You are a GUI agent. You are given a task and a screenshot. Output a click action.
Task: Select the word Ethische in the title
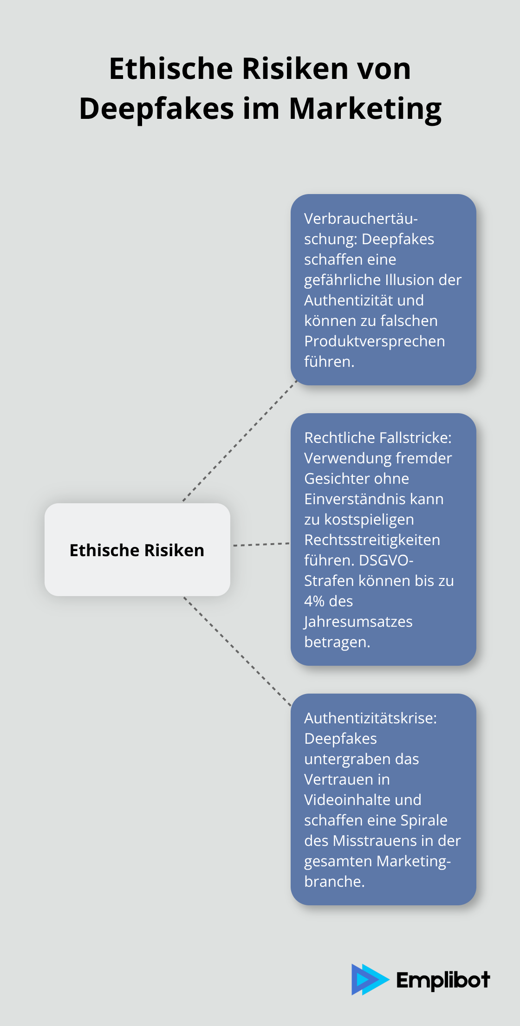(x=171, y=69)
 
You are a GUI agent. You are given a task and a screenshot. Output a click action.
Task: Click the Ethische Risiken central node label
(x=137, y=550)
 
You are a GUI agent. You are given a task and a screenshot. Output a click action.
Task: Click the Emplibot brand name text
(x=443, y=980)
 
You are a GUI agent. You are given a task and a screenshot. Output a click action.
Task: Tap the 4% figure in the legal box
(x=314, y=601)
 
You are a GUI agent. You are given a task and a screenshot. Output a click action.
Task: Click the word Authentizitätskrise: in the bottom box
(x=370, y=718)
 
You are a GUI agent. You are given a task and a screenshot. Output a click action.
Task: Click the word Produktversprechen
(x=375, y=341)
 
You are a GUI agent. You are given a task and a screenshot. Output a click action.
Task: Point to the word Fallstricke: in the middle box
(x=415, y=438)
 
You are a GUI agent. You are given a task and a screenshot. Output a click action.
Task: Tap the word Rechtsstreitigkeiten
(x=372, y=540)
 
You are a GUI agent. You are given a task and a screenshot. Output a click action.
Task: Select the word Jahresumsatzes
(x=358, y=622)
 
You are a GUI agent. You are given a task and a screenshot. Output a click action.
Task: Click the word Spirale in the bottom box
(x=424, y=820)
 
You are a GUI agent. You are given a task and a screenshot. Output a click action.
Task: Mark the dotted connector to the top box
(x=240, y=441)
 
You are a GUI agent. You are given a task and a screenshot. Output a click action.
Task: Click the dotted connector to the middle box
(x=261, y=544)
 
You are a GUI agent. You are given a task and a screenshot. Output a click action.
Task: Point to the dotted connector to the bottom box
(x=237, y=652)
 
